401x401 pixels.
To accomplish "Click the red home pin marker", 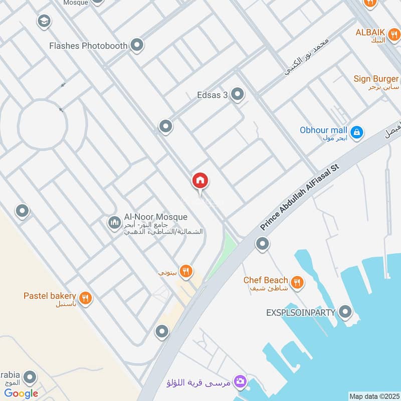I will (x=200, y=181).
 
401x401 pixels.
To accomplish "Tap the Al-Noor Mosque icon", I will (x=114, y=222).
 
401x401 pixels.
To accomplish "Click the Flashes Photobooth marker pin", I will (x=137, y=46).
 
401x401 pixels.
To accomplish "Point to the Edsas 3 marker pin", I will (x=237, y=94).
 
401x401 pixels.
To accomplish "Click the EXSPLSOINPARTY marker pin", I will (x=345, y=312).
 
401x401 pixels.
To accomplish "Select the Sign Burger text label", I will (x=376, y=79).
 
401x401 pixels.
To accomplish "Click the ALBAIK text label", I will (x=370, y=32).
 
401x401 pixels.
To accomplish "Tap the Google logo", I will (x=21, y=393).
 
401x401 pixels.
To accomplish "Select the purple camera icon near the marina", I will (x=240, y=382).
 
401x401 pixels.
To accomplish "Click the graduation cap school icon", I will (x=44, y=21).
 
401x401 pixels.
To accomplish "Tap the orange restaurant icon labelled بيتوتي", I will (x=186, y=272).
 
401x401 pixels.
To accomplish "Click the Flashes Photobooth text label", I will (x=88, y=46).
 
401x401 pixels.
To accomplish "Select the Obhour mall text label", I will (x=323, y=130).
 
